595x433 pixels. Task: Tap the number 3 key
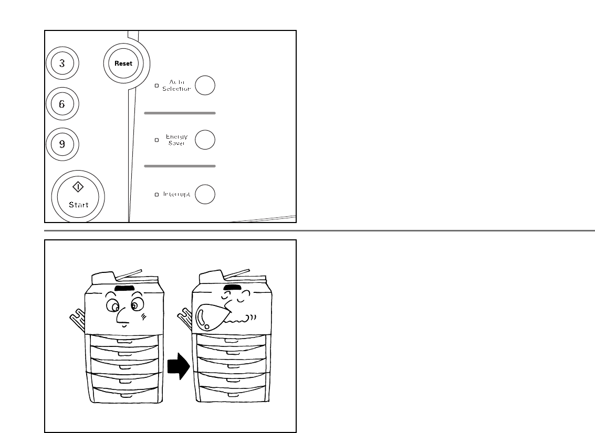coord(62,64)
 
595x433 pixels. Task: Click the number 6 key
coord(62,103)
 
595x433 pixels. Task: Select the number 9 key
coord(62,143)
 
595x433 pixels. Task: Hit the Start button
coord(78,197)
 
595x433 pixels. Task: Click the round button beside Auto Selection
coord(205,85)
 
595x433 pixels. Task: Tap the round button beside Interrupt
coord(205,194)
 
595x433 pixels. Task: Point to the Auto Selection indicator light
coord(156,85)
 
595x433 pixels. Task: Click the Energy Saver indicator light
coord(156,140)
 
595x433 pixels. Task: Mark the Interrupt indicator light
coord(156,195)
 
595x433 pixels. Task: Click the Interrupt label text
coord(176,194)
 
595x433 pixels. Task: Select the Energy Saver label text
coord(176,140)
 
